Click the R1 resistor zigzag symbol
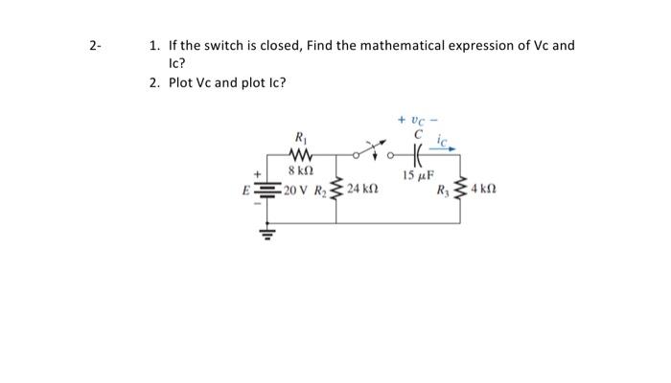[x=297, y=156]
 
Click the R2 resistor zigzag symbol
[x=335, y=189]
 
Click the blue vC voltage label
[x=415, y=120]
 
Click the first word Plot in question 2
[x=181, y=82]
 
